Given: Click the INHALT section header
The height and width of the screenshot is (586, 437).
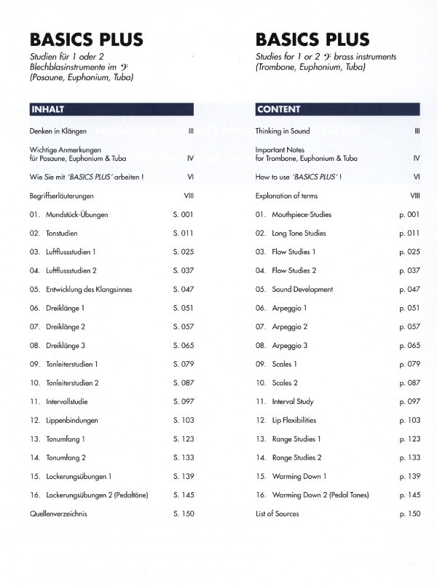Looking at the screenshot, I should pyautogui.click(x=47, y=110).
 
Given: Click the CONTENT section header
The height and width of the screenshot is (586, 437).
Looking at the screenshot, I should pyautogui.click(x=280, y=110).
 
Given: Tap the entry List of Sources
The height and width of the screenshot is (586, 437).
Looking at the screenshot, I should pyautogui.click(x=277, y=513).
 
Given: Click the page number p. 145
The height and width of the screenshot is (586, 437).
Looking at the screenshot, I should pyautogui.click(x=410, y=495).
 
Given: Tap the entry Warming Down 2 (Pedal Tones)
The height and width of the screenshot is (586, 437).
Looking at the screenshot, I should pyautogui.click(x=321, y=495).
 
